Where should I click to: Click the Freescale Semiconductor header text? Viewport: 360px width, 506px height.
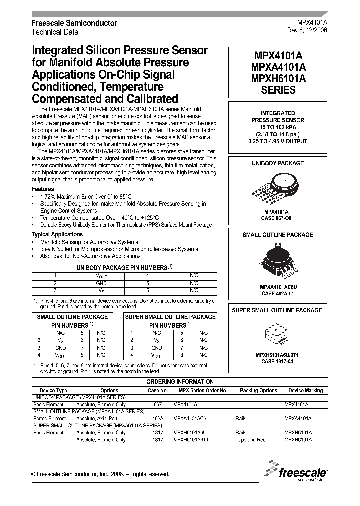point(74,23)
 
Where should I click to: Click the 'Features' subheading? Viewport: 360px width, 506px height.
point(43,189)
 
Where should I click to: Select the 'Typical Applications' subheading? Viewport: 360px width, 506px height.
point(57,234)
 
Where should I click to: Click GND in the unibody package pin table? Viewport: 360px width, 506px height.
point(101,282)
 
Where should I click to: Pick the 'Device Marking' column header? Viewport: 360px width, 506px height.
point(306,390)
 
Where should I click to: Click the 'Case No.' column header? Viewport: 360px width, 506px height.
point(158,390)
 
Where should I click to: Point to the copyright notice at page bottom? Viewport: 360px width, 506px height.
point(100,474)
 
